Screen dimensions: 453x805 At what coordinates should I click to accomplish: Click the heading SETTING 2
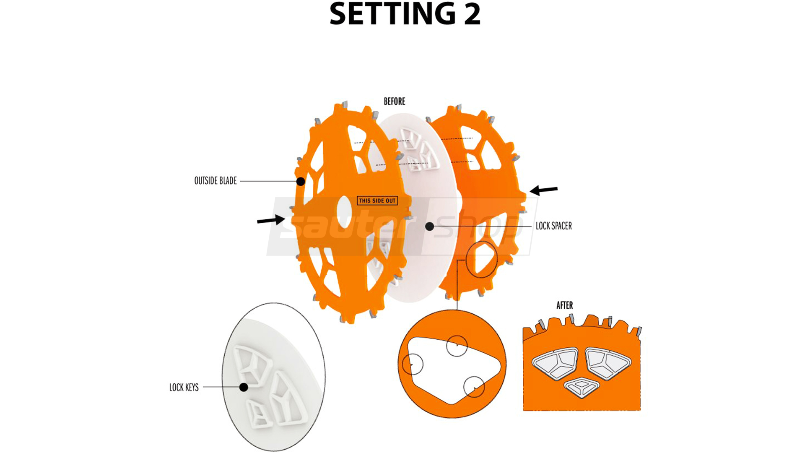405,14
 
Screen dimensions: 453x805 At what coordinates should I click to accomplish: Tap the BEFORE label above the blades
395,102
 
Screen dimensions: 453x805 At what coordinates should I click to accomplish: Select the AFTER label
564,305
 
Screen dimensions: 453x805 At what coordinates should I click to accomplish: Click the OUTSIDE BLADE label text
216,181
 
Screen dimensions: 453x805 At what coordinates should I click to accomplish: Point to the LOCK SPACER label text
553,226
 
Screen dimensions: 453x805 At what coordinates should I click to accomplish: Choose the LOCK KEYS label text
184,388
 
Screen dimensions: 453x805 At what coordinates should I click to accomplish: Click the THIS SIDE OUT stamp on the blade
377,201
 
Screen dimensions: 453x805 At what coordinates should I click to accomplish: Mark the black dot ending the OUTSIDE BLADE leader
301,182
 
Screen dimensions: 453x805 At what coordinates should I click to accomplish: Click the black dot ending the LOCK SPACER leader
430,226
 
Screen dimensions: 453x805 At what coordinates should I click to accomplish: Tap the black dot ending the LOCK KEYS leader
244,388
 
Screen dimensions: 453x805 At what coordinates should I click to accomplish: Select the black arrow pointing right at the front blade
271,220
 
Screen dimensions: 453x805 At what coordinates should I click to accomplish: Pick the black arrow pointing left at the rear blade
544,190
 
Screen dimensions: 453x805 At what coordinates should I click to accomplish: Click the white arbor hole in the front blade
344,210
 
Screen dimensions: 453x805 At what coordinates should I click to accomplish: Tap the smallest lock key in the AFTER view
581,387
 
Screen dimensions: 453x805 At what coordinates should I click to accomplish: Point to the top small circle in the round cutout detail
457,346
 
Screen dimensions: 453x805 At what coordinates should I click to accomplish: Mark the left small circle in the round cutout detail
413,364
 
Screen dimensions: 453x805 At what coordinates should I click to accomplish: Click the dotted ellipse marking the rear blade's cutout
482,259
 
